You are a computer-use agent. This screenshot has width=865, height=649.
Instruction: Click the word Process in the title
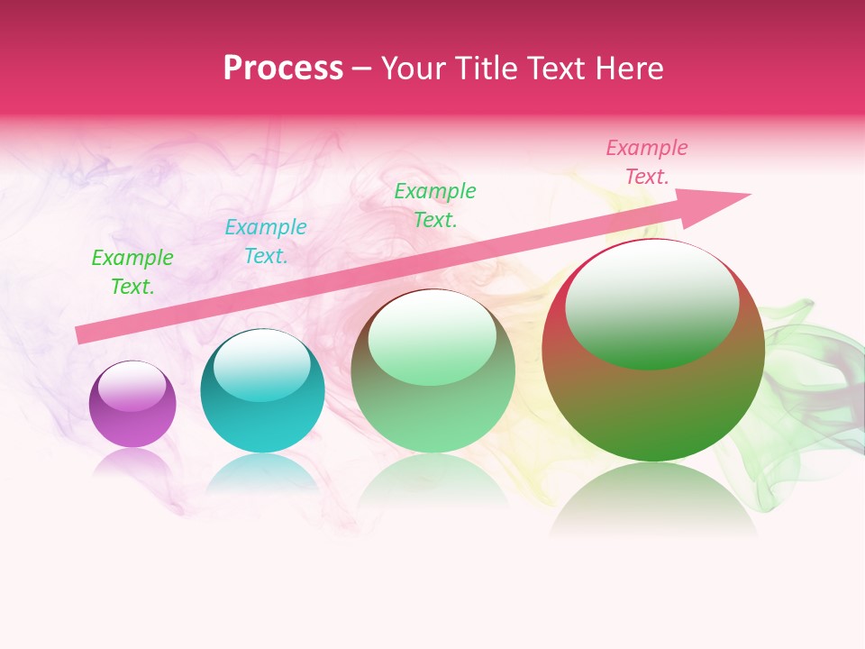pyautogui.click(x=283, y=69)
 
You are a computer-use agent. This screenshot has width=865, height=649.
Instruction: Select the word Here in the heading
pyautogui.click(x=627, y=69)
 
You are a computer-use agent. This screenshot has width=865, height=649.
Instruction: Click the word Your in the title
pyautogui.click(x=412, y=69)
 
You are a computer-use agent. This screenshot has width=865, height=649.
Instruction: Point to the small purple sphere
pyautogui.click(x=132, y=404)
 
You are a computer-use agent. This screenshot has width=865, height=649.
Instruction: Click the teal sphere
pyautogui.click(x=262, y=390)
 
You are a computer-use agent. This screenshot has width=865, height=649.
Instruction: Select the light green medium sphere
pyautogui.click(x=432, y=370)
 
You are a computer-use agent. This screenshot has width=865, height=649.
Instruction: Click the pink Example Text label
pyautogui.click(x=647, y=162)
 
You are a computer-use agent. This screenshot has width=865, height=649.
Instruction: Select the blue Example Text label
pyautogui.click(x=266, y=242)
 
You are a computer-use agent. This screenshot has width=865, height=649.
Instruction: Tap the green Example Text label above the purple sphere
pyautogui.click(x=132, y=272)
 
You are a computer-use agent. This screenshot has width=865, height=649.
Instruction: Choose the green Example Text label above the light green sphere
pyautogui.click(x=435, y=205)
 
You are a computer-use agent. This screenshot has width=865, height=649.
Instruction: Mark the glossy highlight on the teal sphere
pyautogui.click(x=262, y=365)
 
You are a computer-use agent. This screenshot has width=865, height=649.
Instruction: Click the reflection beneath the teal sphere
pyautogui.click(x=262, y=473)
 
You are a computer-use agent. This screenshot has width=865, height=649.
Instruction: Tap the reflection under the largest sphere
pyautogui.click(x=653, y=500)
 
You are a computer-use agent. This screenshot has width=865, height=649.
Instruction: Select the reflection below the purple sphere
pyautogui.click(x=132, y=462)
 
